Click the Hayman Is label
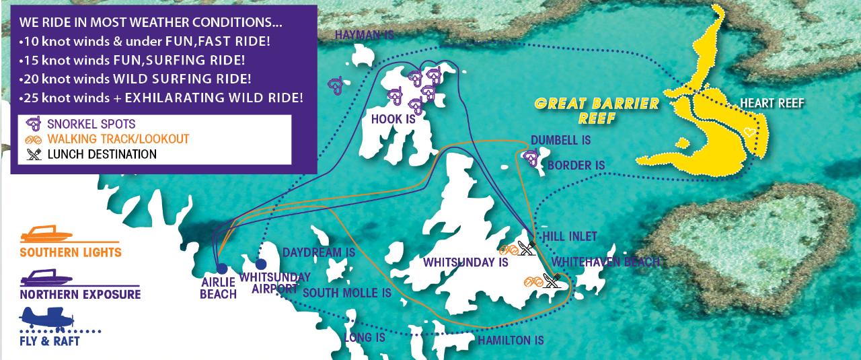tap(363, 34)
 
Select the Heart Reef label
tap(772, 103)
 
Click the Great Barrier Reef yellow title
tap(596, 111)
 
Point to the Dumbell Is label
tap(560, 140)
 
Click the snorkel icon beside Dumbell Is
tap(531, 157)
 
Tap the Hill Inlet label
tap(569, 236)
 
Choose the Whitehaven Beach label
tap(605, 262)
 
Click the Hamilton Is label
tap(511, 340)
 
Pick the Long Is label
tap(365, 337)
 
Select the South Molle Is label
tap(346, 293)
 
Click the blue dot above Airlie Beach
tap(222, 268)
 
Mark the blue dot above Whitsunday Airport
tap(261, 264)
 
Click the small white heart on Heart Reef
tap(750, 132)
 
